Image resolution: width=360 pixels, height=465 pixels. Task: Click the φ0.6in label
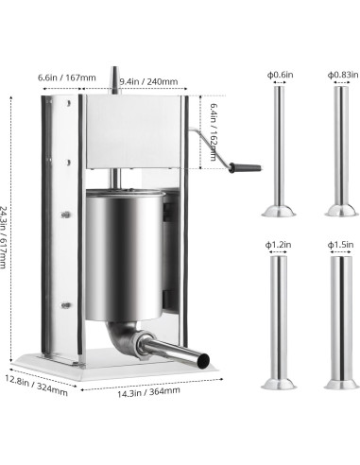[280, 74]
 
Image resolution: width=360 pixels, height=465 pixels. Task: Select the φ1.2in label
[280, 244]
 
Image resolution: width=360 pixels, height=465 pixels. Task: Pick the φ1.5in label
[341, 244]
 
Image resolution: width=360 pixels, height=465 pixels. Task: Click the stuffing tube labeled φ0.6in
[280, 151]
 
